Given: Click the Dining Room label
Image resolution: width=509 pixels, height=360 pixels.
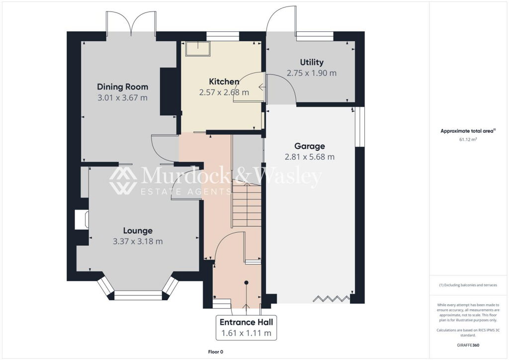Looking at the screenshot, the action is [x=123, y=87].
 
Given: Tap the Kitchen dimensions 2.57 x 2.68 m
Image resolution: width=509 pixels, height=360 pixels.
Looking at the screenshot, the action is [x=224, y=92].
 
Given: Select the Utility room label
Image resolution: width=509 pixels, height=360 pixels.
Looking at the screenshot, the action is [x=312, y=62].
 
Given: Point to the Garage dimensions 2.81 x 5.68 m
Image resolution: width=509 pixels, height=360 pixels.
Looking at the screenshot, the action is [x=310, y=157].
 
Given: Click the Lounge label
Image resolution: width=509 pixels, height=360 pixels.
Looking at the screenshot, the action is [x=138, y=231].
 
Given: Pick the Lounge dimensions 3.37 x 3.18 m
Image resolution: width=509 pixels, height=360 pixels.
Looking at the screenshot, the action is [x=138, y=241].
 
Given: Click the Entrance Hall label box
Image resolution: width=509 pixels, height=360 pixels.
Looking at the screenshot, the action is [x=247, y=328].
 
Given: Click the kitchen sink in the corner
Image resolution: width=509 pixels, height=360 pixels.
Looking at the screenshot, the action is [x=198, y=49].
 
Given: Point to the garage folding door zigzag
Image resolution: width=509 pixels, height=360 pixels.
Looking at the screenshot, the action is [x=332, y=299].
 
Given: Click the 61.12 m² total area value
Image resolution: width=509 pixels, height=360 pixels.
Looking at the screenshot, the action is [x=468, y=140].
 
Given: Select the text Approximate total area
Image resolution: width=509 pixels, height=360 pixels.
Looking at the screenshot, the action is [x=467, y=131].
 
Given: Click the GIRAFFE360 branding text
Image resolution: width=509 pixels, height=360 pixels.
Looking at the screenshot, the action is [x=468, y=345].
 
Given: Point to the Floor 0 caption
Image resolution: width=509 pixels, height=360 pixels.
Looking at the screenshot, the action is [x=216, y=352].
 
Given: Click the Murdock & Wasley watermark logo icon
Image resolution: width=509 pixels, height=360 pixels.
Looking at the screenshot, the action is [x=123, y=180].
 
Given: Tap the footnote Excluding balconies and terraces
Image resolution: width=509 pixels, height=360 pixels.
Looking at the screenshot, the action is [x=468, y=285].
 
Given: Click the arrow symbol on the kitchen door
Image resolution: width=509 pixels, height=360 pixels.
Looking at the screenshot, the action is [x=261, y=87].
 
